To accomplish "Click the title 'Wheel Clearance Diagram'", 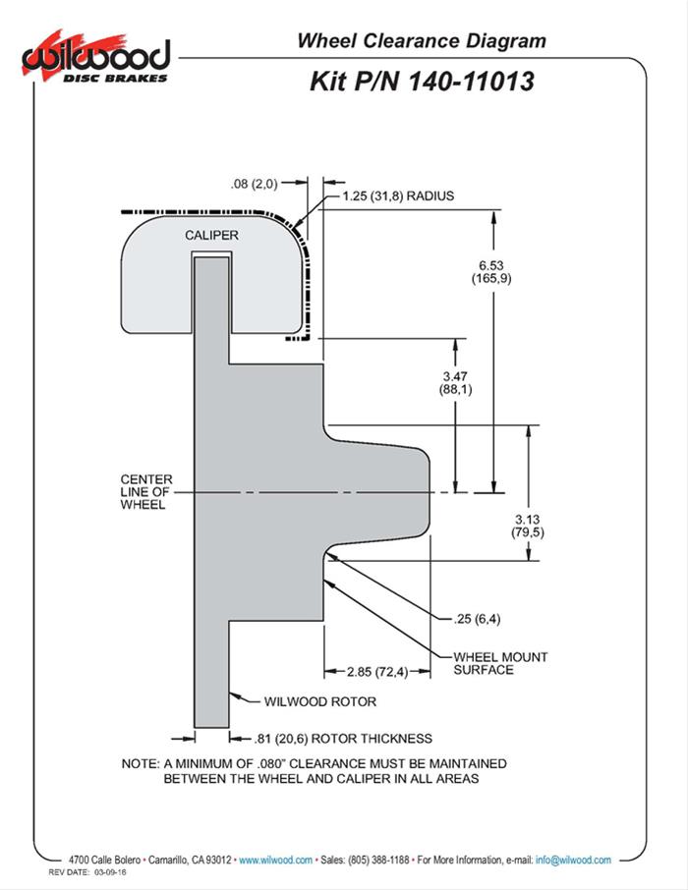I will [x=421, y=40].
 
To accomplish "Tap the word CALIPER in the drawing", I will [x=211, y=236].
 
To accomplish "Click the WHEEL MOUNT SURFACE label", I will [x=500, y=663].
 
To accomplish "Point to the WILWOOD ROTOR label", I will [x=320, y=702].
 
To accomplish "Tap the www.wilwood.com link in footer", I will [x=276, y=860].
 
